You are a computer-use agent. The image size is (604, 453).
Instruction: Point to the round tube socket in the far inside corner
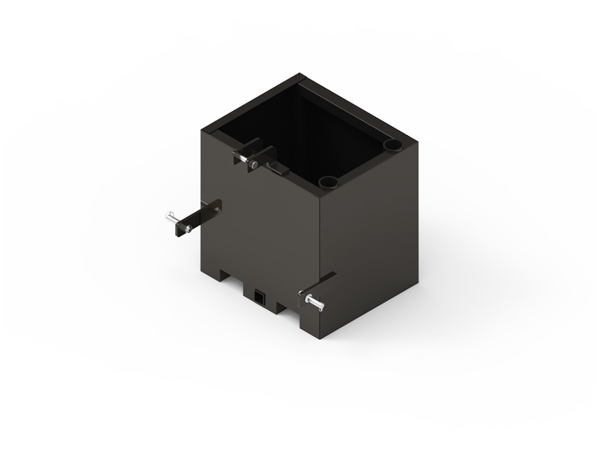[x=393, y=143]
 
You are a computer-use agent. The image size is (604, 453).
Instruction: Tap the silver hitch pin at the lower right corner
[x=313, y=301]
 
